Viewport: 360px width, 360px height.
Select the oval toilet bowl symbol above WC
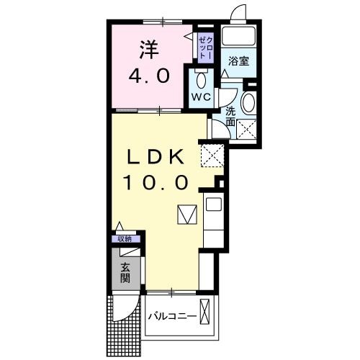pos(199,78)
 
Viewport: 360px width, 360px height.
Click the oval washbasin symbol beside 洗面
pos(249,103)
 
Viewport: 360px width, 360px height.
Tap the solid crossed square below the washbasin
pos(248,130)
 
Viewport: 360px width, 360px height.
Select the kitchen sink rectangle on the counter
pos(214,204)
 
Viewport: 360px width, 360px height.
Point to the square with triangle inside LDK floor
pos(186,215)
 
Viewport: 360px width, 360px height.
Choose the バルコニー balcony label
pos(172,316)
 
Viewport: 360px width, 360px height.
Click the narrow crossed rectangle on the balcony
pos(207,314)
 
